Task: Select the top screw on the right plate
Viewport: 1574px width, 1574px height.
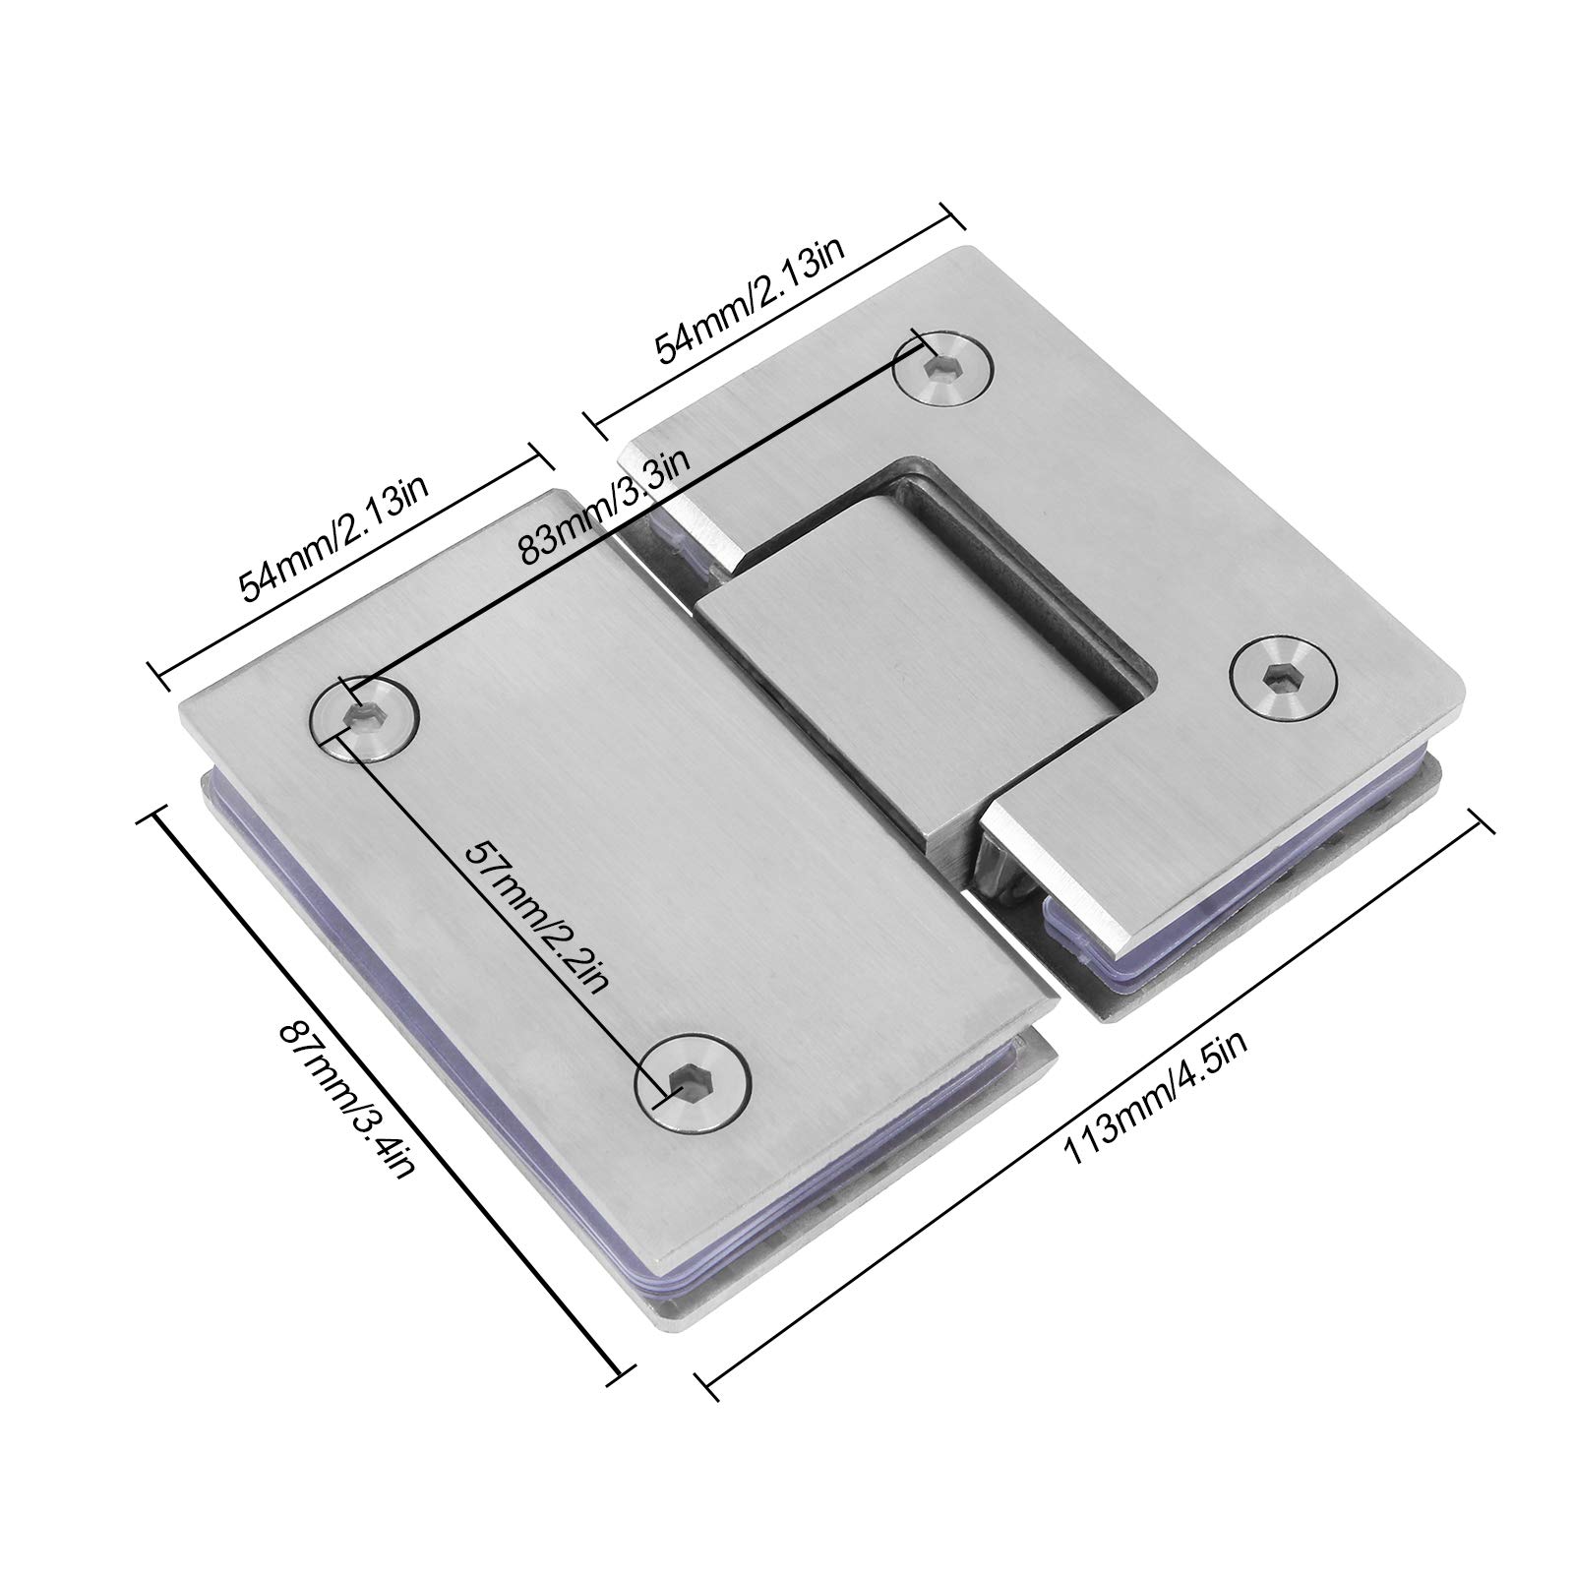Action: point(942,372)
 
